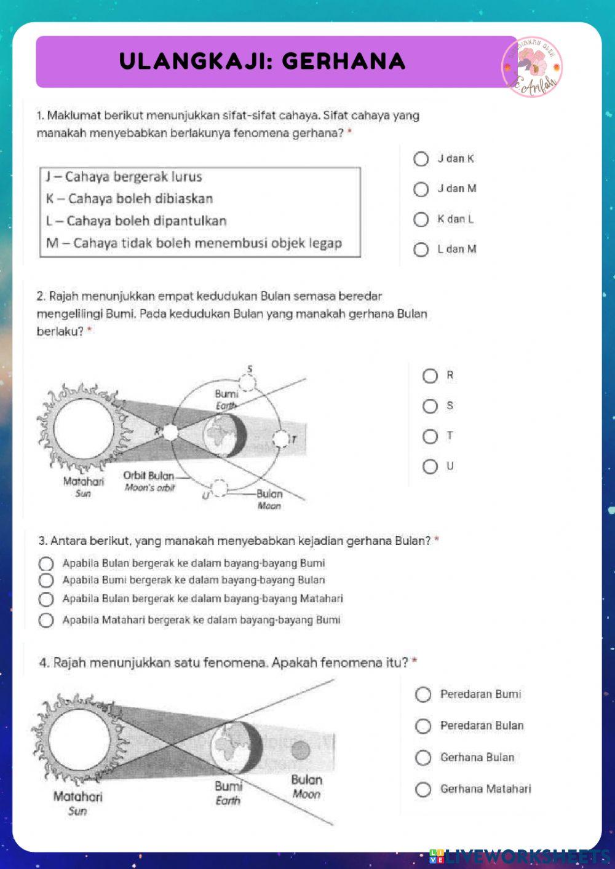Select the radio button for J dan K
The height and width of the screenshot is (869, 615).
coord(421,159)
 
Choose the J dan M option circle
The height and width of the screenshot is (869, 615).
coord(421,189)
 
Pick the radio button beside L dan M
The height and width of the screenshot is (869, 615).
coord(421,250)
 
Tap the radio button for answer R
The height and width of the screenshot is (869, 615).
coord(430,376)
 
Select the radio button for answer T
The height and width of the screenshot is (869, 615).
coord(430,436)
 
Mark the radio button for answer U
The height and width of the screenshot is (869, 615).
coord(430,466)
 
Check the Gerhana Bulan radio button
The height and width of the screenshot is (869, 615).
coord(423,758)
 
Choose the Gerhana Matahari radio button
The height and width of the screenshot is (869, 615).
coord(423,789)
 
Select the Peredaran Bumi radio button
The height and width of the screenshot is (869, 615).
coord(423,694)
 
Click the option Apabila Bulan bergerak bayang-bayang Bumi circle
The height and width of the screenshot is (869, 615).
coord(46,564)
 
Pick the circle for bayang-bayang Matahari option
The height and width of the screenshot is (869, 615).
coord(46,599)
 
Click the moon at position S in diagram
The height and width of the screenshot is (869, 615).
coord(247,382)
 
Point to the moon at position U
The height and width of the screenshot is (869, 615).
coord(218,489)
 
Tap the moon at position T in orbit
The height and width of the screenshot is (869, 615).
coord(281,439)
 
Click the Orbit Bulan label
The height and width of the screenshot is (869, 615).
coord(149,476)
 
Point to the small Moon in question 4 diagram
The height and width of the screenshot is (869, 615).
coord(301,750)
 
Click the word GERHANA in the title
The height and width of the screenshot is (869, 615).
coord(344,61)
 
